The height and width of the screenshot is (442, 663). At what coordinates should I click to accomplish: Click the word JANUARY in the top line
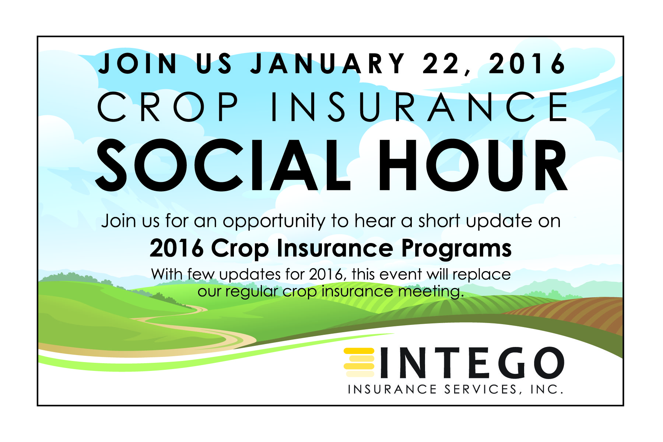[x=328, y=63]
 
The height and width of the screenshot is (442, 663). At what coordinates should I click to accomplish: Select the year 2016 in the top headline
[x=527, y=63]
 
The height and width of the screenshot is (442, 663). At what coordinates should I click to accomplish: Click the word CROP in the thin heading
[x=168, y=107]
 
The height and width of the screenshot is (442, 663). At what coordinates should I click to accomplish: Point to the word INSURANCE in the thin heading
[x=420, y=107]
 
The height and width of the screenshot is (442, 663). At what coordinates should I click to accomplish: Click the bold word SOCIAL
[x=223, y=165]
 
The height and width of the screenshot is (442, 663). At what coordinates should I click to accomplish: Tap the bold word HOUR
[x=473, y=165]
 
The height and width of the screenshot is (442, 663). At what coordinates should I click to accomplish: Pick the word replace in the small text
[x=481, y=275]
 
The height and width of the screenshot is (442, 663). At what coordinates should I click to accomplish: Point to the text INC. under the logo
[x=547, y=390]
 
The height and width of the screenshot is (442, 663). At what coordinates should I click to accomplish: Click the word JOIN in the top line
[x=138, y=63]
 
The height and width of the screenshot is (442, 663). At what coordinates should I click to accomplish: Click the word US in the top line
[x=214, y=63]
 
